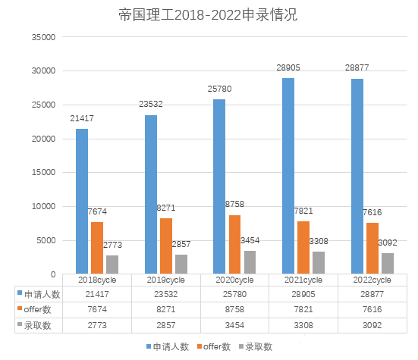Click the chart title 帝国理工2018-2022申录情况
(x=208, y=14)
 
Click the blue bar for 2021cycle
(x=288, y=175)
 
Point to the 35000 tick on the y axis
(x=42, y=36)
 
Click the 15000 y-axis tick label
(x=42, y=172)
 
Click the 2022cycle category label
(x=372, y=280)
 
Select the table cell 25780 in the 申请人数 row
(x=234, y=294)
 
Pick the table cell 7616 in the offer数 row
(x=372, y=309)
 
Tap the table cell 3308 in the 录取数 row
(x=303, y=325)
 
